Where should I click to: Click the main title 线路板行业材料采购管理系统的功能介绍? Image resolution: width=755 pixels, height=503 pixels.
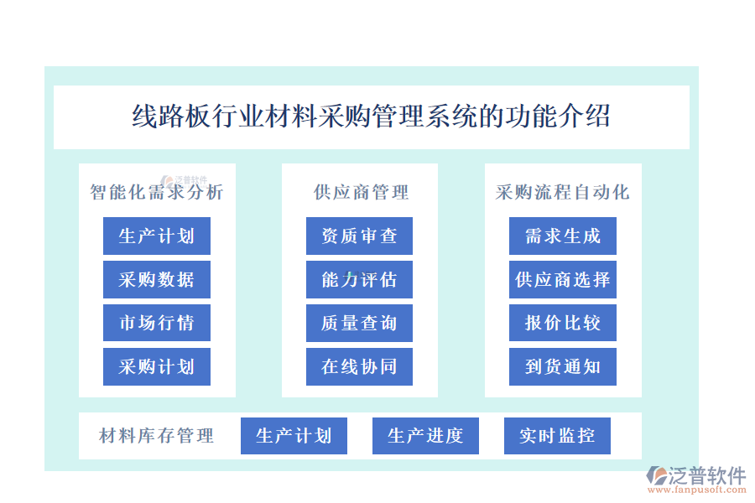click(372, 117)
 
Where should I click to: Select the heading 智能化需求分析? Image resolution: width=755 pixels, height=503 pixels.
click(157, 192)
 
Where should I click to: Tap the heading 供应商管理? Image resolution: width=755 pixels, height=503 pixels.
click(361, 192)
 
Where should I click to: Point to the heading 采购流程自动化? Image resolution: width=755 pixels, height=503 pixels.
click(562, 192)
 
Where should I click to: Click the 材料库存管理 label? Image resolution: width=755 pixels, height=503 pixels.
click(157, 436)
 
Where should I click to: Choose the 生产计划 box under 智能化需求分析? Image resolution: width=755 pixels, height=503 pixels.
click(157, 236)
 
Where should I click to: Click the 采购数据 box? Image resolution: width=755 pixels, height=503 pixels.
click(157, 279)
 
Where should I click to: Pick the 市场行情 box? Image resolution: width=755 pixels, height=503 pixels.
click(157, 323)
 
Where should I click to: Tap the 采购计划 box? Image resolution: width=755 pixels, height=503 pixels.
click(157, 366)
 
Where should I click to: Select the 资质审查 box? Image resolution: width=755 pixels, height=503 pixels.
click(359, 236)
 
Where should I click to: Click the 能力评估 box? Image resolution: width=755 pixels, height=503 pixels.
click(359, 279)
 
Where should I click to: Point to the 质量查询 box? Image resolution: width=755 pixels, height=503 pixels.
click(359, 323)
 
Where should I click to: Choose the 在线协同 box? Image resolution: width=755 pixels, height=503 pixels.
click(359, 366)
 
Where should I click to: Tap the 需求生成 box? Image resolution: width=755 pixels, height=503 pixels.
click(563, 236)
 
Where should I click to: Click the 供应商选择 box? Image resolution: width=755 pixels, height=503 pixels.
click(563, 279)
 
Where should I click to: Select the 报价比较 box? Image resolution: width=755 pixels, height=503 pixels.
click(563, 323)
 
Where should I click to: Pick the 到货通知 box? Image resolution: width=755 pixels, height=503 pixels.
click(563, 366)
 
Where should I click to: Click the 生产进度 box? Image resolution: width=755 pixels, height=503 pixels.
click(425, 436)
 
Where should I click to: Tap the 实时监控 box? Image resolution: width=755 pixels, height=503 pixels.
click(557, 436)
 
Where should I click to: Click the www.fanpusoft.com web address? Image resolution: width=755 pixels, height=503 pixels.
click(697, 490)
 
